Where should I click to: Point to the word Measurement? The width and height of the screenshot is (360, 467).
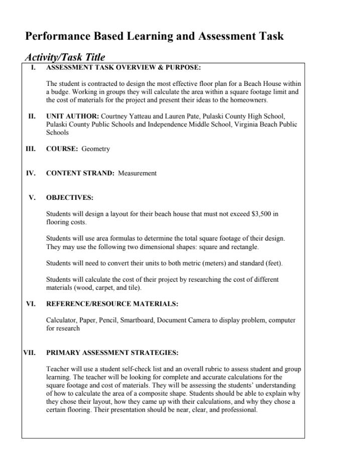137,173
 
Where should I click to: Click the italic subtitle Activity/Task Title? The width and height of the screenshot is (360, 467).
65,57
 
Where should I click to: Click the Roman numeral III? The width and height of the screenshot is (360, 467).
30,149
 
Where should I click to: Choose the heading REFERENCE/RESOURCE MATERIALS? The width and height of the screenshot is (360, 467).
112,304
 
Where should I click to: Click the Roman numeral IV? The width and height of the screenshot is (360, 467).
30,173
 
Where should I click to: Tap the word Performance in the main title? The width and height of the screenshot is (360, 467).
57,37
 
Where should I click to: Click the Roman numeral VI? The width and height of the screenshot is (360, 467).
30,304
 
